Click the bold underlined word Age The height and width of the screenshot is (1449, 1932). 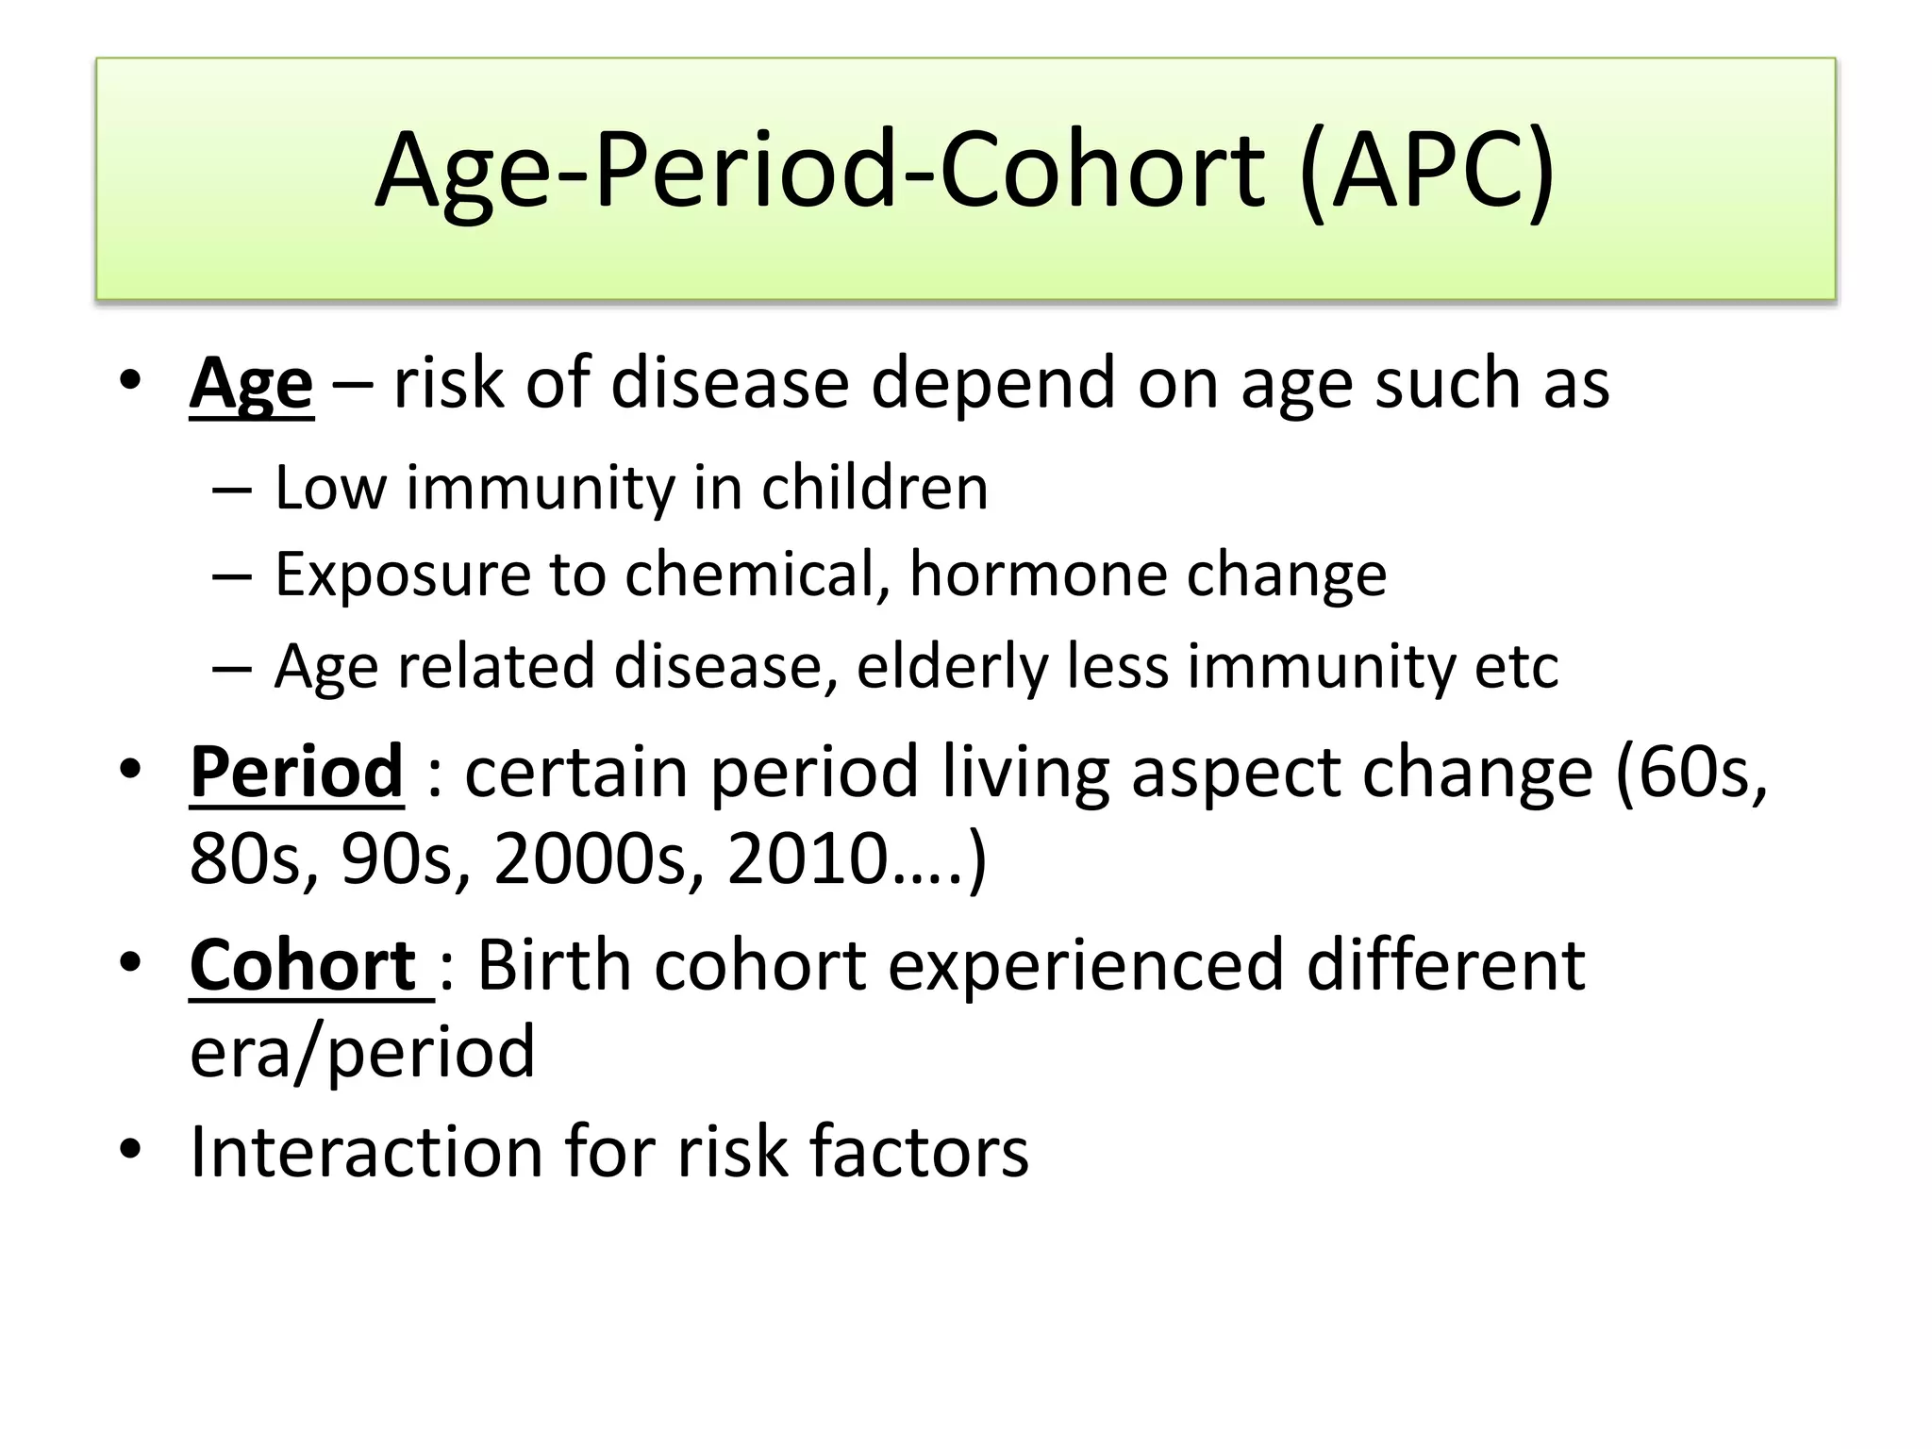[251, 385]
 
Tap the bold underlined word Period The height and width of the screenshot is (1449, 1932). [296, 773]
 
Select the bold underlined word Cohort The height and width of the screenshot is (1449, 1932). [304, 966]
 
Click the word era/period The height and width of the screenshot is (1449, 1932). [362, 1053]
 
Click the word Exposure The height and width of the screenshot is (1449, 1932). [403, 575]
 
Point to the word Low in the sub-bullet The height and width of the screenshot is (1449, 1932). [330, 489]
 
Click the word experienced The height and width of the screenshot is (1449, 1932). [1086, 966]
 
